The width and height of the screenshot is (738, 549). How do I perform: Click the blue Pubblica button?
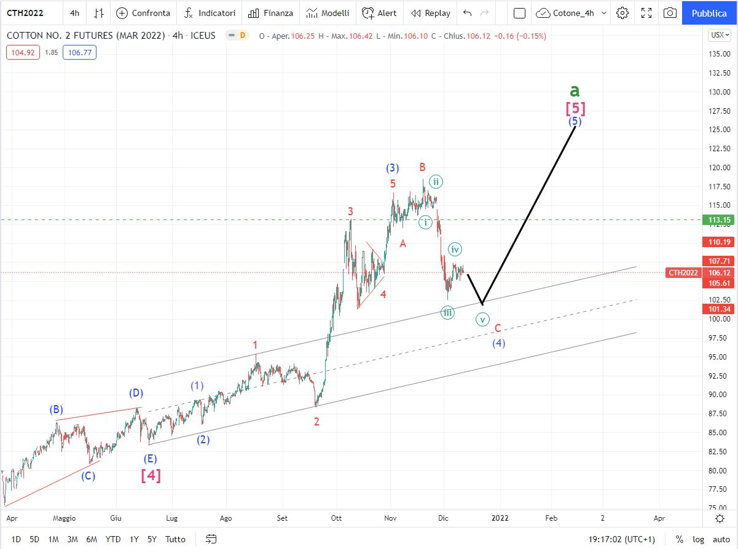(x=709, y=13)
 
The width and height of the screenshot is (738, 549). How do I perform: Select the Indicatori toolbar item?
(x=210, y=13)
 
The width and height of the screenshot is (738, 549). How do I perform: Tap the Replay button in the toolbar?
(x=431, y=13)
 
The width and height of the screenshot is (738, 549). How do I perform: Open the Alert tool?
(x=379, y=13)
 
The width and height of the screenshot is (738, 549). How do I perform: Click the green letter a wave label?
(x=575, y=90)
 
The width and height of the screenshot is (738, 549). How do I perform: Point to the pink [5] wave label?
(x=575, y=109)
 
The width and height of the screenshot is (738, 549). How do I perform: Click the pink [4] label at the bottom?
(x=151, y=475)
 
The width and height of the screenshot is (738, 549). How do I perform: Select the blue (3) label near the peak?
(x=393, y=168)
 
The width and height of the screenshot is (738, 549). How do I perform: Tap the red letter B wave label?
(x=422, y=167)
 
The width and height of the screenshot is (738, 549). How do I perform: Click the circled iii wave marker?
(x=448, y=313)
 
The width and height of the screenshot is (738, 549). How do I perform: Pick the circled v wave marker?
(x=483, y=319)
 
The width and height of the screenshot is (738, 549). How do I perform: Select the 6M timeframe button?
(x=92, y=539)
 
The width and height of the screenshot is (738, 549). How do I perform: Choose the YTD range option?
(x=112, y=539)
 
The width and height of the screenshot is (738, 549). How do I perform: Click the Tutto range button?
(x=175, y=539)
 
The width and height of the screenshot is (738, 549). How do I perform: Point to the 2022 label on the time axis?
(x=500, y=518)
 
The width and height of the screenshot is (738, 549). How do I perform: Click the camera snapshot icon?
(x=670, y=13)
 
